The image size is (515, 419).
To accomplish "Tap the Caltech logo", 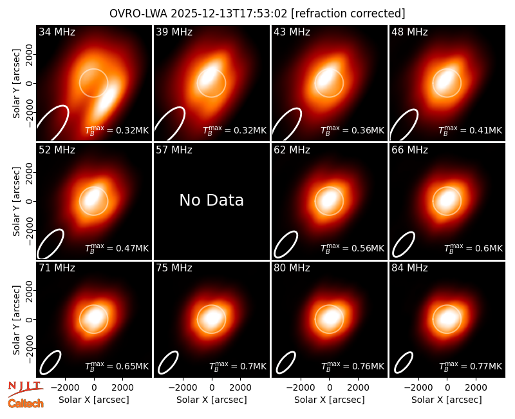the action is (26, 404).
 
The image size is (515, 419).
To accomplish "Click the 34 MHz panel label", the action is (57, 32).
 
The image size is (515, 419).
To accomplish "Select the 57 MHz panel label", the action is (174, 150).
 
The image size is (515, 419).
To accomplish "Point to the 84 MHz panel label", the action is (409, 268).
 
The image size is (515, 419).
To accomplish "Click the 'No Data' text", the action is (212, 200).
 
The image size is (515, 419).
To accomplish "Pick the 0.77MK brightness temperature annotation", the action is (471, 365).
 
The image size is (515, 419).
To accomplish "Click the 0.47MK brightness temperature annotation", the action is (117, 248).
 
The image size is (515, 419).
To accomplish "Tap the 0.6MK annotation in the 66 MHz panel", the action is (473, 248).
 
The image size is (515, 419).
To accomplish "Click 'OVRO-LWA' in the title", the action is (138, 14).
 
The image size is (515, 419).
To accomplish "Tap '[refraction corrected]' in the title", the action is (348, 14).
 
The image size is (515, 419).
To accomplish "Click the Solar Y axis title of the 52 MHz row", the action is (16, 201).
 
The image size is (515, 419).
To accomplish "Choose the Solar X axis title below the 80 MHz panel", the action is (329, 400).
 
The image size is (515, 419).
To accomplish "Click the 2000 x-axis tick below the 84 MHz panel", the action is (476, 388).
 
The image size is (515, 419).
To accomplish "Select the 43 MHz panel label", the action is (292, 32).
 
